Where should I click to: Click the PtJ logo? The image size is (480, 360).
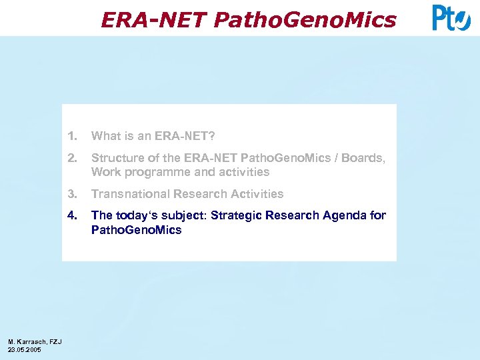451,18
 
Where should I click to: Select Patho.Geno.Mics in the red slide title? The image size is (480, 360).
305,20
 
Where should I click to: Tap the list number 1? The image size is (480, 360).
72,137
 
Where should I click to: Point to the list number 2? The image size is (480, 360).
72,159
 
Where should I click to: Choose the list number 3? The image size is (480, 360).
72,194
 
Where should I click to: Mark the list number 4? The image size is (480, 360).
72,215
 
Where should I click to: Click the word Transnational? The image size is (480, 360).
131,194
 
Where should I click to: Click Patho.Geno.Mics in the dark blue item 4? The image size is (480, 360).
136,230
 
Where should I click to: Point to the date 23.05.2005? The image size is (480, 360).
24,349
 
